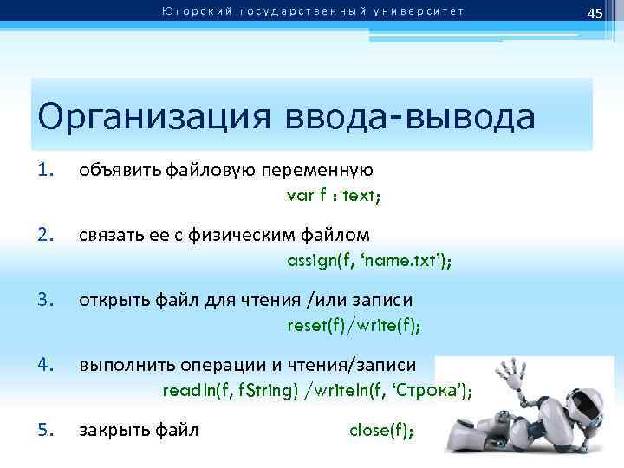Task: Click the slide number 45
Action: (x=595, y=12)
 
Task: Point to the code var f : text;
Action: (x=333, y=194)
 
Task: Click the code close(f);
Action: (x=381, y=429)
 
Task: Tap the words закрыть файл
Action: (x=139, y=429)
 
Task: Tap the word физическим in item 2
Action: (x=239, y=234)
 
